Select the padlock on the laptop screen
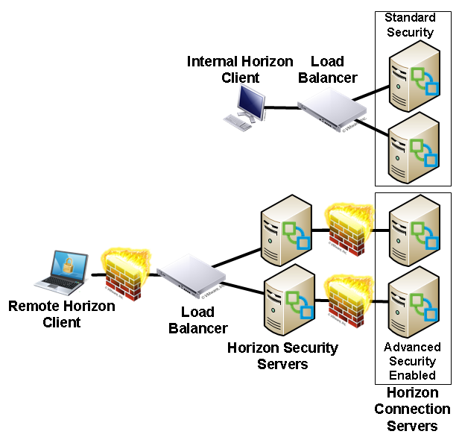(x=68, y=263)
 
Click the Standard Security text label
(x=409, y=25)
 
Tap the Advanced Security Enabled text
(x=412, y=361)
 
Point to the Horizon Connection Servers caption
(x=412, y=409)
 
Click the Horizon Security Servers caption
(x=282, y=355)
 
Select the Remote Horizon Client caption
(x=61, y=314)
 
